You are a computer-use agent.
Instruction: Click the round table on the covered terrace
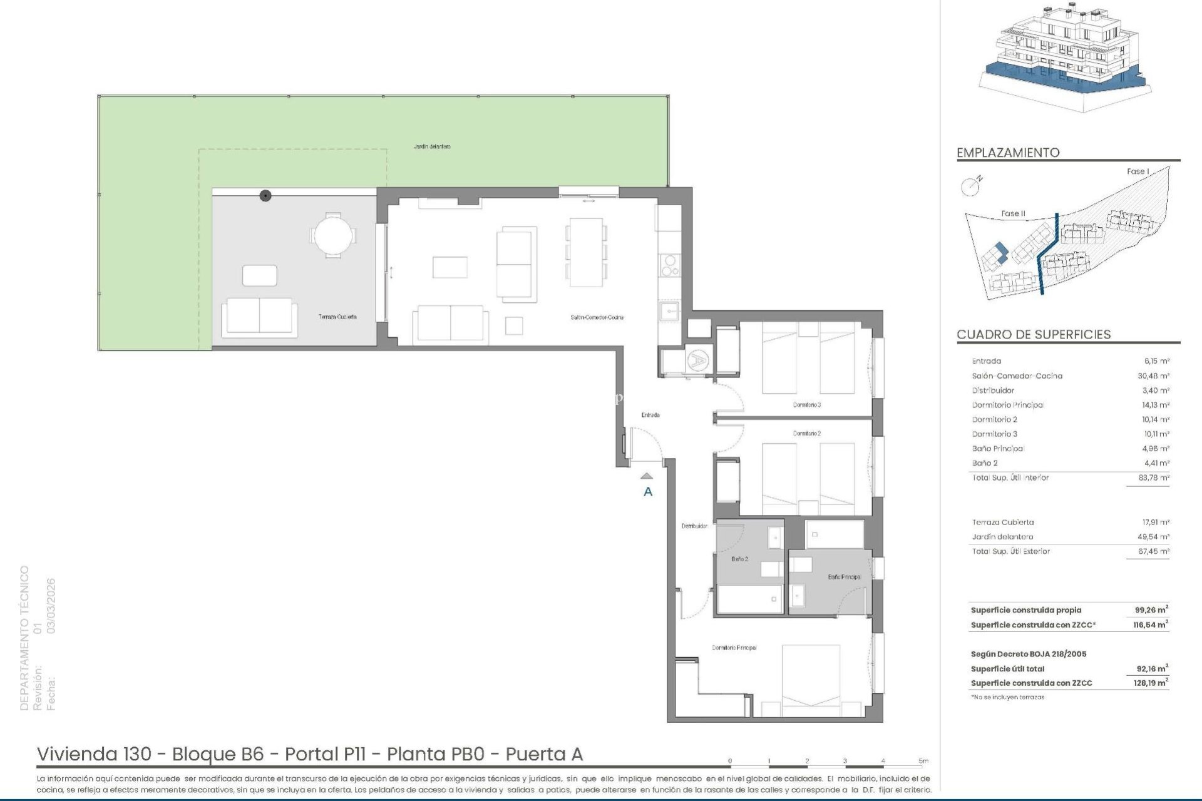333,235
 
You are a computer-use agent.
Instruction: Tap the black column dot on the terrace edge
265,196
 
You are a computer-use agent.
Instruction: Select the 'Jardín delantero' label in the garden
432,146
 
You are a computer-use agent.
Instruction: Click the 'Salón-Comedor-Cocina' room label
597,317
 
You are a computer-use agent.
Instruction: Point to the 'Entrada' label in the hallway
650,415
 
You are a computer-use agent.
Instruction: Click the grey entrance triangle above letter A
647,476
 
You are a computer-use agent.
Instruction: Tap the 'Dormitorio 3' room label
806,405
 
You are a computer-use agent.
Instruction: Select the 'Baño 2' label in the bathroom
739,559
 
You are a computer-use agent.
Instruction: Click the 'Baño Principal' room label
844,577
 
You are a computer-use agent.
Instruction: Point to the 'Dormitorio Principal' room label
734,648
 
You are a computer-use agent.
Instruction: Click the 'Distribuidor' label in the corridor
694,526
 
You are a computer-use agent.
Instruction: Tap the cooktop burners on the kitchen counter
669,265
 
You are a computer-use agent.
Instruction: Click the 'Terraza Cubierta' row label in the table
1002,522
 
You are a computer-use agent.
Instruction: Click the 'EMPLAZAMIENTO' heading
1008,153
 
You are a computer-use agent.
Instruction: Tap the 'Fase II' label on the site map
1012,213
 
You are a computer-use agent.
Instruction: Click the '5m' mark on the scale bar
923,761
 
